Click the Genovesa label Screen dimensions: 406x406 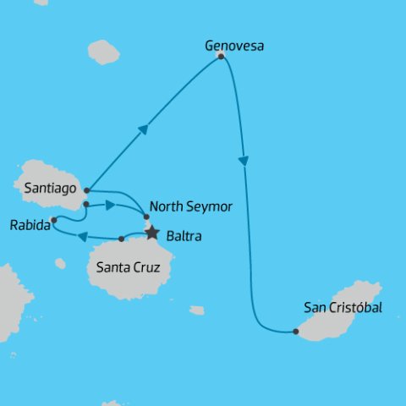[x=234, y=46]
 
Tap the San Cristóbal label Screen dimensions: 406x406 [x=343, y=308]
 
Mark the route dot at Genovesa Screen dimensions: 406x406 [x=221, y=56]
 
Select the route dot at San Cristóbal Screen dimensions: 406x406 [x=295, y=332]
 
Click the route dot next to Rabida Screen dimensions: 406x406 [x=53, y=221]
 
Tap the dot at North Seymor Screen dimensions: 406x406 [x=145, y=217]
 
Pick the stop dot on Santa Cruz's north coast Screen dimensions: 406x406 [x=121, y=239]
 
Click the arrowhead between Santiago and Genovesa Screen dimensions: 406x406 [x=144, y=129]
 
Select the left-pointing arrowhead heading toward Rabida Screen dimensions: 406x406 [x=83, y=236]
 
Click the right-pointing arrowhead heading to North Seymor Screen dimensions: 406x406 [x=110, y=205]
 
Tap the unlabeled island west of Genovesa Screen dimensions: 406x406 [x=103, y=52]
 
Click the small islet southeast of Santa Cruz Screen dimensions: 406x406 [x=196, y=310]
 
